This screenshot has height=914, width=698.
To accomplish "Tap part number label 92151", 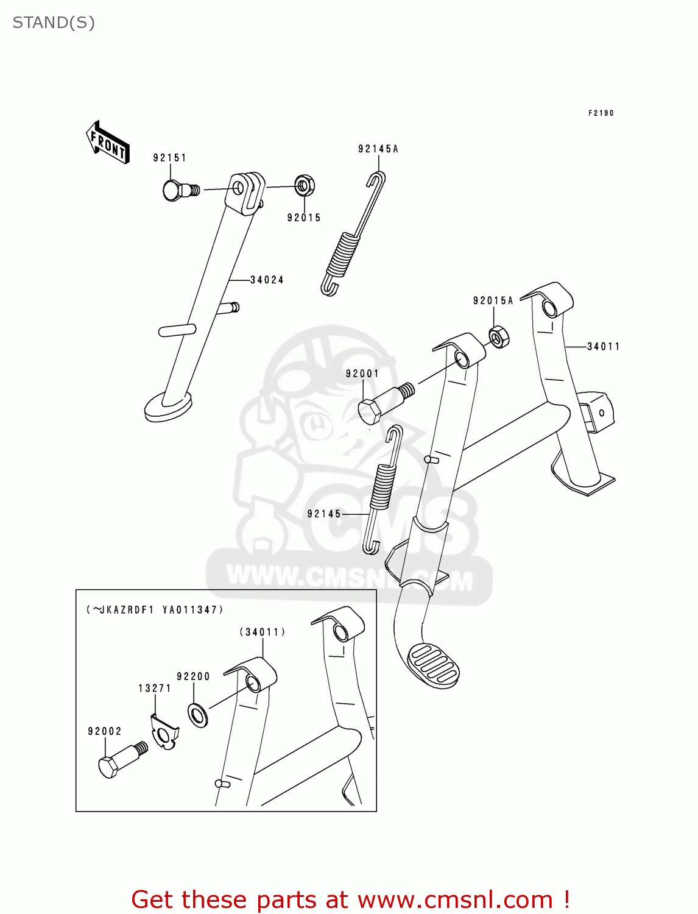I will pos(169,158).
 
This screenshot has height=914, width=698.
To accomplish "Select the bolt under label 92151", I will pos(179,191).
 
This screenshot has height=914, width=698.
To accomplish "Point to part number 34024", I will pos(267,280).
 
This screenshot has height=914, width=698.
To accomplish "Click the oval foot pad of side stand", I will pos(167,406).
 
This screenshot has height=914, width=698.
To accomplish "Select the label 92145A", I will pos(378,149).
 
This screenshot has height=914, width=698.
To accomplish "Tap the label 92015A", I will pos(493,300).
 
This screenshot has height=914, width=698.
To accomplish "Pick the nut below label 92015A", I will pos(499,337).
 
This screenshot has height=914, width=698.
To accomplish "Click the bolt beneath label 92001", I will pos(382,403).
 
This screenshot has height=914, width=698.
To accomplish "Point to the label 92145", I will pos(324,514).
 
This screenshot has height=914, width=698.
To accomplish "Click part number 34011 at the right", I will pos(603,347).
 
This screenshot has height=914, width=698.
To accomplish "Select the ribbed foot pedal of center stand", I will pos(432,665).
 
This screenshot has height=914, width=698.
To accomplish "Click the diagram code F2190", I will pos(601,113).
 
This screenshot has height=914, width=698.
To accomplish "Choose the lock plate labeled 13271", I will pos(164,732).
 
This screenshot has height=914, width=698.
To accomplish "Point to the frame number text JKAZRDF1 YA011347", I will pos(155,609).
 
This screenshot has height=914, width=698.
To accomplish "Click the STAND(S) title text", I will pos(54,23).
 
